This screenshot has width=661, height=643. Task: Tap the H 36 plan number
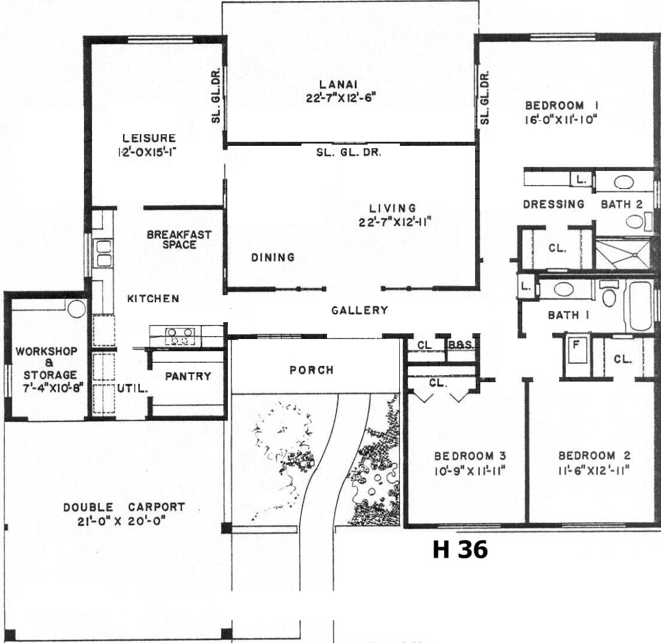click(460, 549)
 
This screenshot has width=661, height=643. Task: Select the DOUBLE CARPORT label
click(124, 506)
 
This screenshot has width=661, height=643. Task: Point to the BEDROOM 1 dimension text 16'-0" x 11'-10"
click(561, 120)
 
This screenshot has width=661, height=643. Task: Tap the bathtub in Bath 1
click(641, 306)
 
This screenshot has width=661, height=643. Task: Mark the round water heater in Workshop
click(77, 309)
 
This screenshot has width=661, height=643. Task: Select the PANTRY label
click(188, 376)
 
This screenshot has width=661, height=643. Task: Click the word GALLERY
click(359, 310)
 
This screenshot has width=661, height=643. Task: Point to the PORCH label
click(311, 370)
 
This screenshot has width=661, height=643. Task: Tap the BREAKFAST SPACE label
click(179, 240)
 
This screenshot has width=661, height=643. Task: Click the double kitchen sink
click(104, 253)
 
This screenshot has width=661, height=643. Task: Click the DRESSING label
click(554, 204)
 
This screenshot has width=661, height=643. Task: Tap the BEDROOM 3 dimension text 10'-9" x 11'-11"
click(470, 470)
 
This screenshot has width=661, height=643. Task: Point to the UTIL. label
click(132, 389)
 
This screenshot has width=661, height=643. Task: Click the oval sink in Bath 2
click(624, 182)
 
